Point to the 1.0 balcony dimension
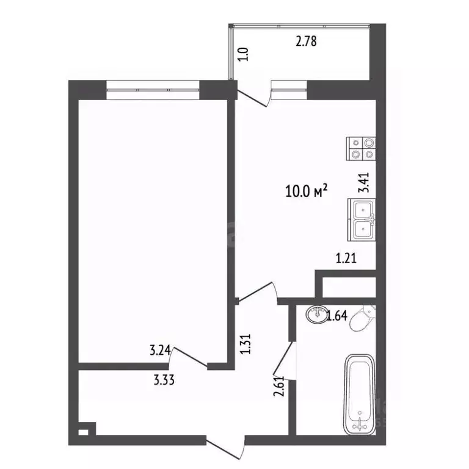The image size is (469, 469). coord(243,54)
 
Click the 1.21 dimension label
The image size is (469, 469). coord(346,258)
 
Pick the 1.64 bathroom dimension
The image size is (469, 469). coord(337,316)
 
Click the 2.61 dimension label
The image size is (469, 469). coord(278,387)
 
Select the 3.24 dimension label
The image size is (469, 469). coord(161,351)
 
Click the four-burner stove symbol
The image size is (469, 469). coord(362,148)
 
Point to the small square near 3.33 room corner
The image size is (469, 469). coord(84,429)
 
